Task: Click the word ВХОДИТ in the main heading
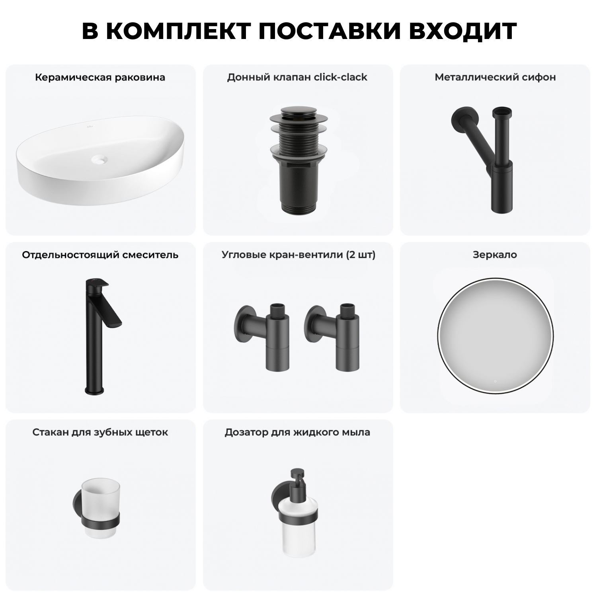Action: pyautogui.click(x=462, y=31)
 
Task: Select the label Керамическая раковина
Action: pyautogui.click(x=100, y=77)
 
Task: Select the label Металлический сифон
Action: pyautogui.click(x=495, y=77)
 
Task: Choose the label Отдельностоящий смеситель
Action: pyautogui.click(x=100, y=255)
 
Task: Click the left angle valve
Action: pyautogui.click(x=263, y=334)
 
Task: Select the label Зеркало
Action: pyautogui.click(x=495, y=255)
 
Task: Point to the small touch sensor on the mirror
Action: pyautogui.click(x=495, y=381)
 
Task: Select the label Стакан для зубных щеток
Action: pyautogui.click(x=100, y=432)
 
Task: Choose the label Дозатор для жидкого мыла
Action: pyautogui.click(x=297, y=432)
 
